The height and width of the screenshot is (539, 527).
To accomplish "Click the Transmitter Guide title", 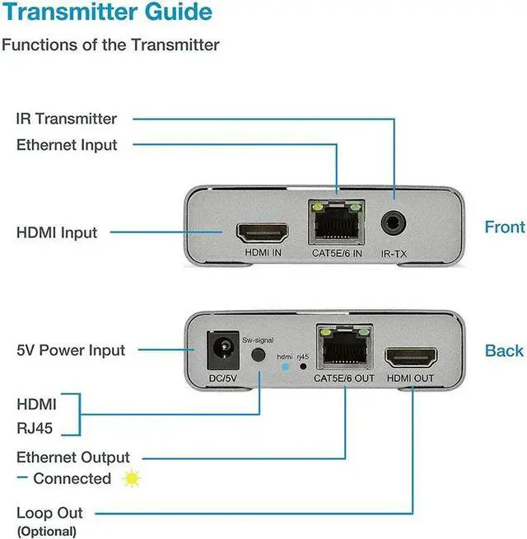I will pos(107,13).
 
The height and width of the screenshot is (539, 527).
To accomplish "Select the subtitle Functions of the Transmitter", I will pos(110,45).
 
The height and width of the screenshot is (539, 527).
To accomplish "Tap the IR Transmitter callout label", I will pos(67,119).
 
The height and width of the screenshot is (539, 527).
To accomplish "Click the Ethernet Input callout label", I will pos(67,145).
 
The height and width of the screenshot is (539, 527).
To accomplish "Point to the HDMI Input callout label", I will pos(57,232).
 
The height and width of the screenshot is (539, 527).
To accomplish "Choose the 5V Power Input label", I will pos(71,350).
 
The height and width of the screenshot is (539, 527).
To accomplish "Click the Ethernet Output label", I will pos(73,457).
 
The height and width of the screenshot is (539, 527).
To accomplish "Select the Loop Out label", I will pos(49,513).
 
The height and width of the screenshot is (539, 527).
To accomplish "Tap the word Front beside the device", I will pos(504,227).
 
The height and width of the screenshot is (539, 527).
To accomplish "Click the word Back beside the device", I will pos(504,351).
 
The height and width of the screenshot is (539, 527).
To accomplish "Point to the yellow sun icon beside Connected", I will pos(131,479).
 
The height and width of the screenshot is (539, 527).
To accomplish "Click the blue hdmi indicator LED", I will pos(284,367).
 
